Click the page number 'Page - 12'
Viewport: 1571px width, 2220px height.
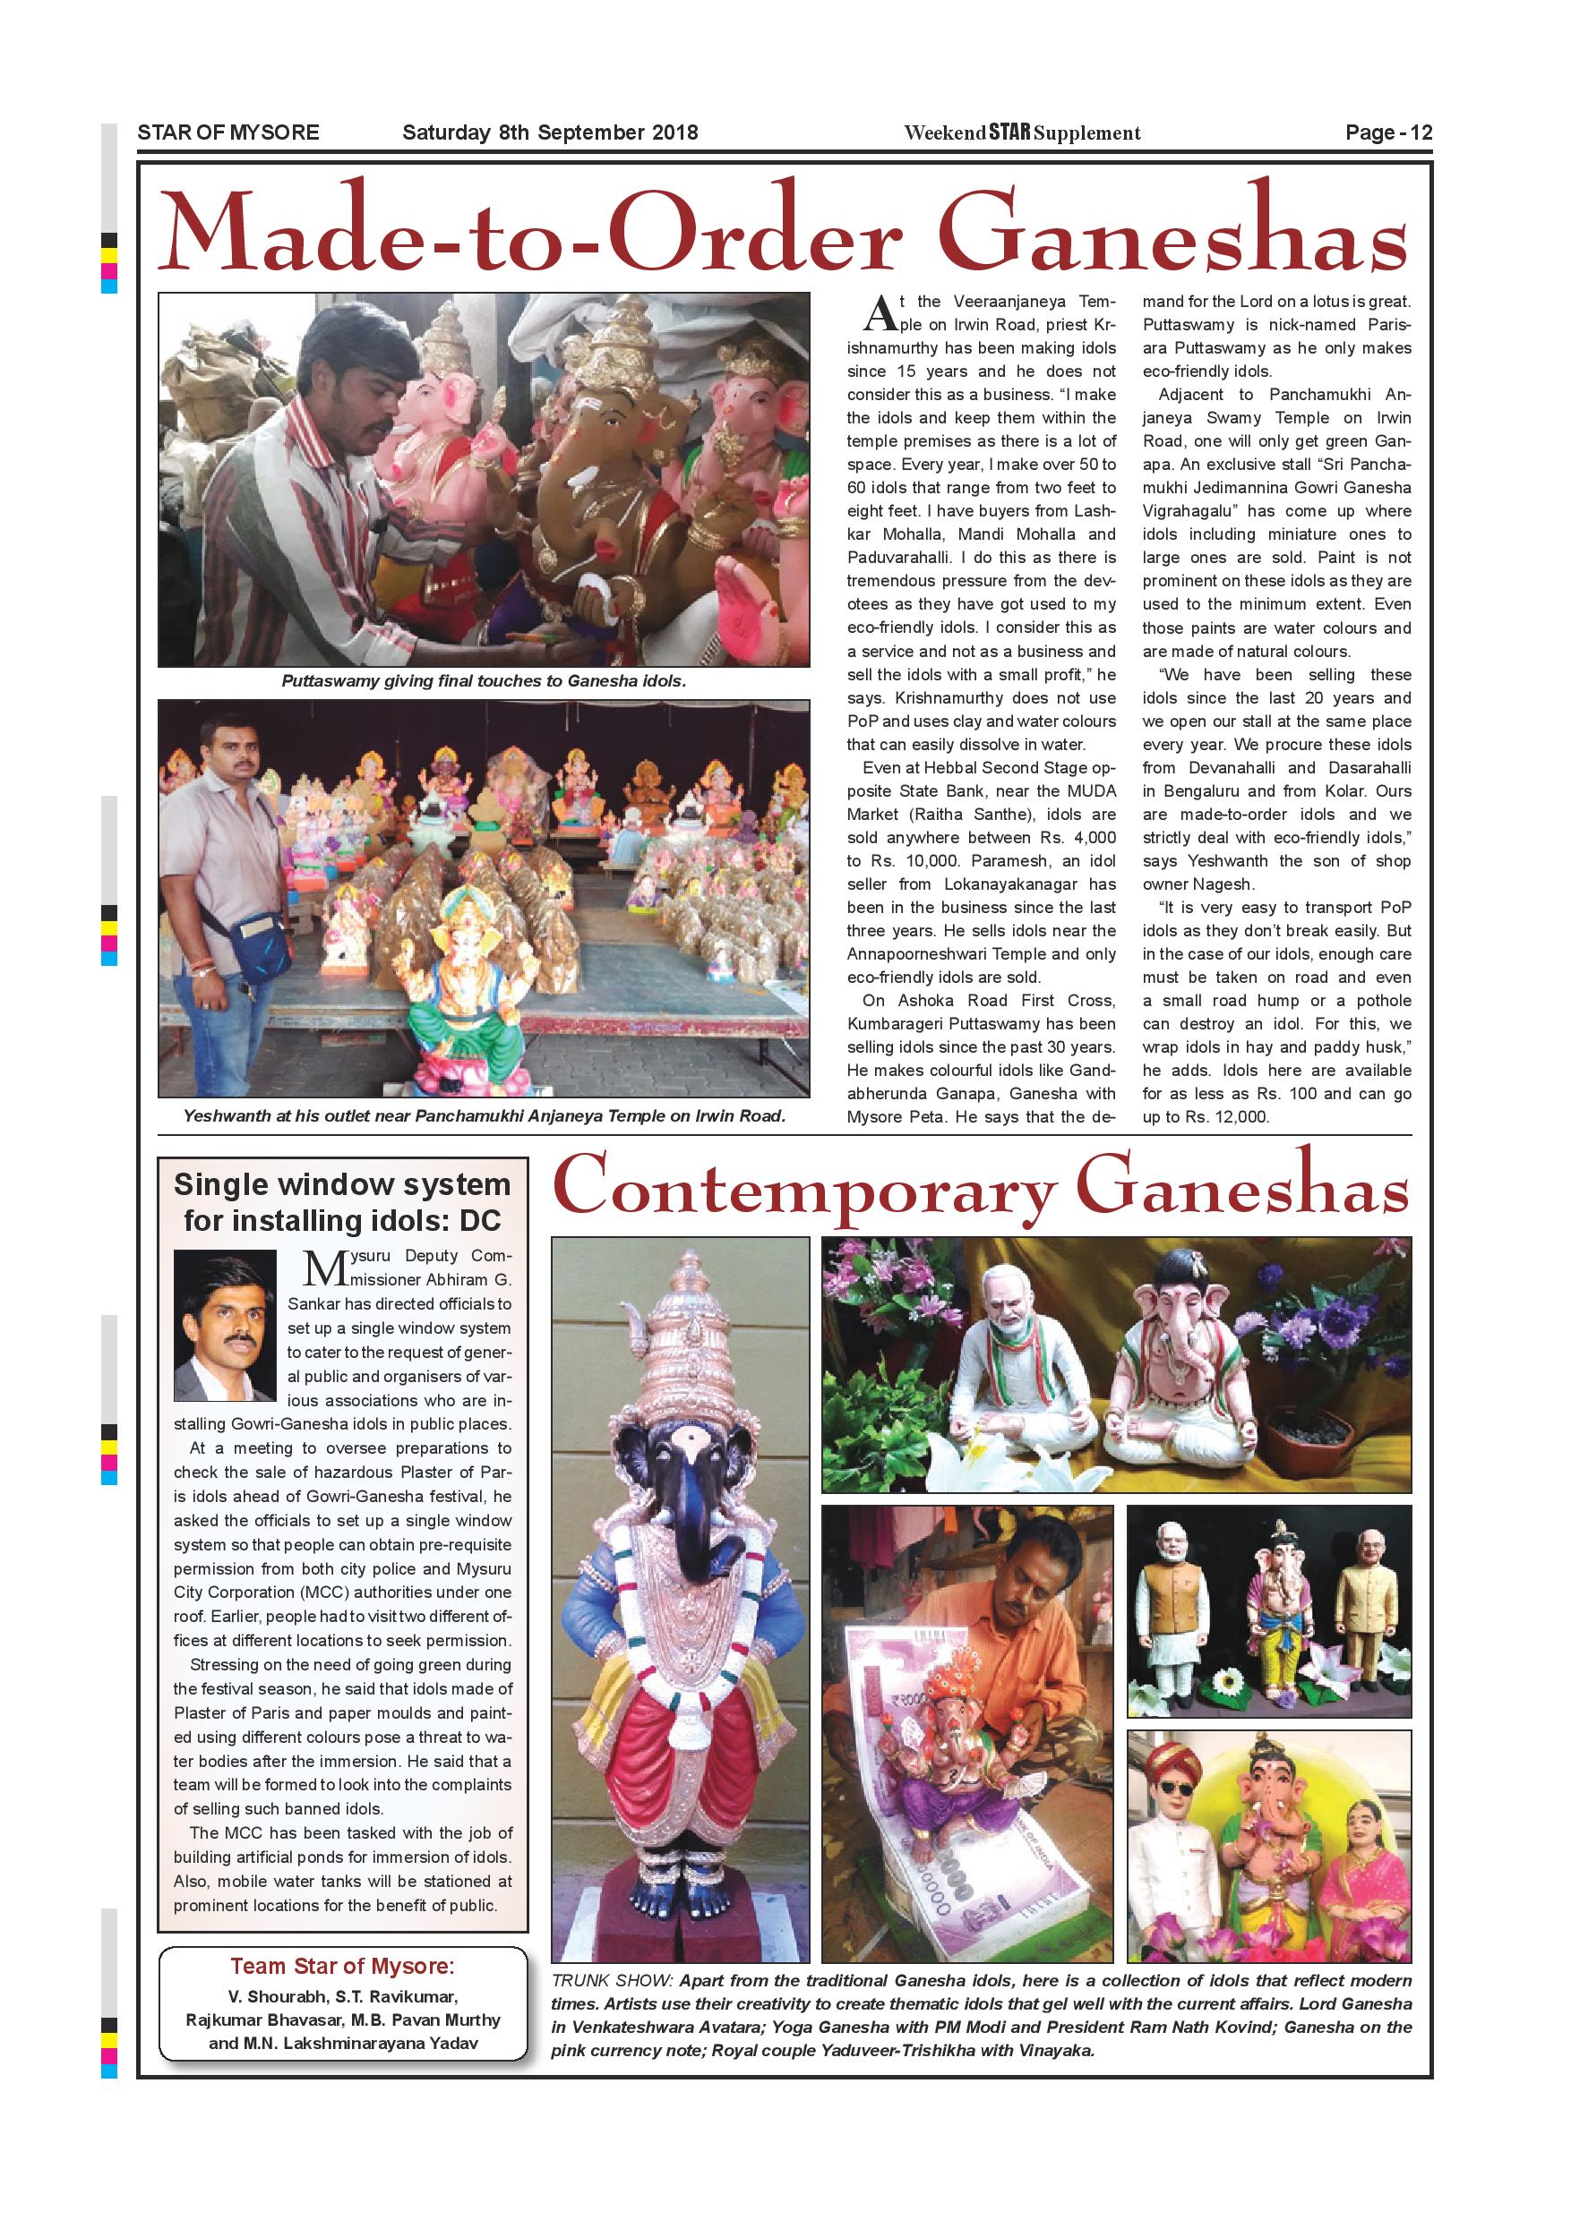coord(1387,132)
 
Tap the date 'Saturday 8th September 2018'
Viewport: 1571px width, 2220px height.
coord(549,132)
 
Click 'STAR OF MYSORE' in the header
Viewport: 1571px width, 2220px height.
coord(228,132)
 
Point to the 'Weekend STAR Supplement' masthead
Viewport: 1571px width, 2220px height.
coord(1022,132)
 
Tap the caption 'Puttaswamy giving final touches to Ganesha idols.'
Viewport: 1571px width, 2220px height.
coord(483,680)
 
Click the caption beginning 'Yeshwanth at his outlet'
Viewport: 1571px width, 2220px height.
coord(484,1115)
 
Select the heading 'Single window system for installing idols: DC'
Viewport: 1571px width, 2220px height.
coord(341,1202)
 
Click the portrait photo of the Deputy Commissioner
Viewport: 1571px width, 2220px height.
coord(225,1326)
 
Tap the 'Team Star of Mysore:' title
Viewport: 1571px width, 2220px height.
coord(341,1967)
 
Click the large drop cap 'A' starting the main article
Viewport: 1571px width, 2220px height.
coord(880,312)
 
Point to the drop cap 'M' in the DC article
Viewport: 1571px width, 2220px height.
coord(324,1267)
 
